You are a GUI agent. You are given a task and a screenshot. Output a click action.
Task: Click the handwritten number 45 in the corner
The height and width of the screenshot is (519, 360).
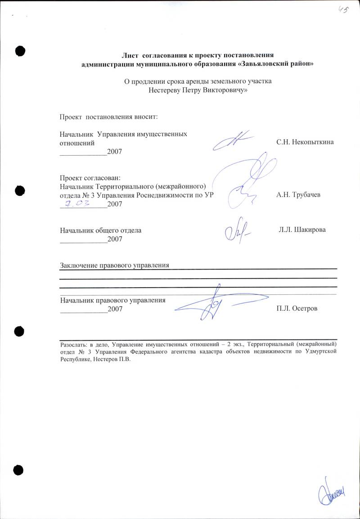pos(343,9)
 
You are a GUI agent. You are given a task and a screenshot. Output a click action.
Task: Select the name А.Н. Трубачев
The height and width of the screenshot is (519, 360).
pos(298,195)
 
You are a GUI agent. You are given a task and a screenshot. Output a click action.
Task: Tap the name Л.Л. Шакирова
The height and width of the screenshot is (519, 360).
pos(302,230)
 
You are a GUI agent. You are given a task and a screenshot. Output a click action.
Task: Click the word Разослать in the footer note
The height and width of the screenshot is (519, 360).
pos(73,344)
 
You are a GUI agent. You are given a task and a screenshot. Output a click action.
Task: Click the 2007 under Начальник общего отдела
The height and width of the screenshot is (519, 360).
pos(115,239)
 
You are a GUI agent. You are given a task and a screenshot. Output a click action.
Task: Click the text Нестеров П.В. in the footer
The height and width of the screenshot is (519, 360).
pos(115,360)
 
